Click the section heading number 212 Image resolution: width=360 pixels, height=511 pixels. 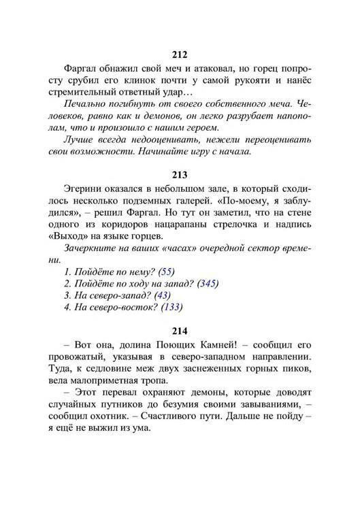pyautogui.click(x=180, y=55)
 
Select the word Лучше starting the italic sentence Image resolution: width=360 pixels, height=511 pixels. pyautogui.click(x=79, y=139)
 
